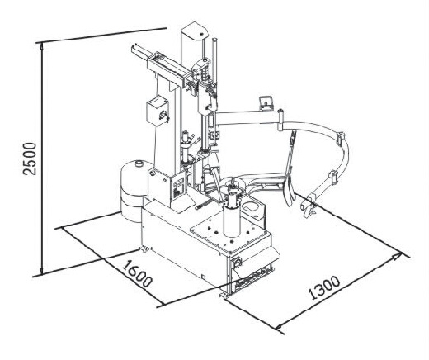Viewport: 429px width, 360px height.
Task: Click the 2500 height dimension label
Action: tap(30, 159)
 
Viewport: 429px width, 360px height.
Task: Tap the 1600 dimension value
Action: tap(137, 273)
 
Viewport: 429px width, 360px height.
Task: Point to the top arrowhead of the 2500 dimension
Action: tap(41, 47)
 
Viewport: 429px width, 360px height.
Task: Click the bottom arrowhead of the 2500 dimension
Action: tap(41, 270)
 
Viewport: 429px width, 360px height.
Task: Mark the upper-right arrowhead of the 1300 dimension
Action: tap(397, 257)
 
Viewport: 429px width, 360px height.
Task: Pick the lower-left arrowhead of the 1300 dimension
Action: tap(280, 326)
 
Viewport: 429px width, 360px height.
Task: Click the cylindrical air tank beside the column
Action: tap(134, 190)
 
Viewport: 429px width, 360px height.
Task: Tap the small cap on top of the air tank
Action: tap(139, 163)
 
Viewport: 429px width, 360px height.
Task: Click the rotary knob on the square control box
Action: tap(163, 114)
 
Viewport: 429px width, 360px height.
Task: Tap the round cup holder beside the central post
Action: tap(251, 206)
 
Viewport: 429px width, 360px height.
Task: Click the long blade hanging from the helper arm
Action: tap(289, 172)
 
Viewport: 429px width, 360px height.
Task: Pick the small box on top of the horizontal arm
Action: tap(266, 102)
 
